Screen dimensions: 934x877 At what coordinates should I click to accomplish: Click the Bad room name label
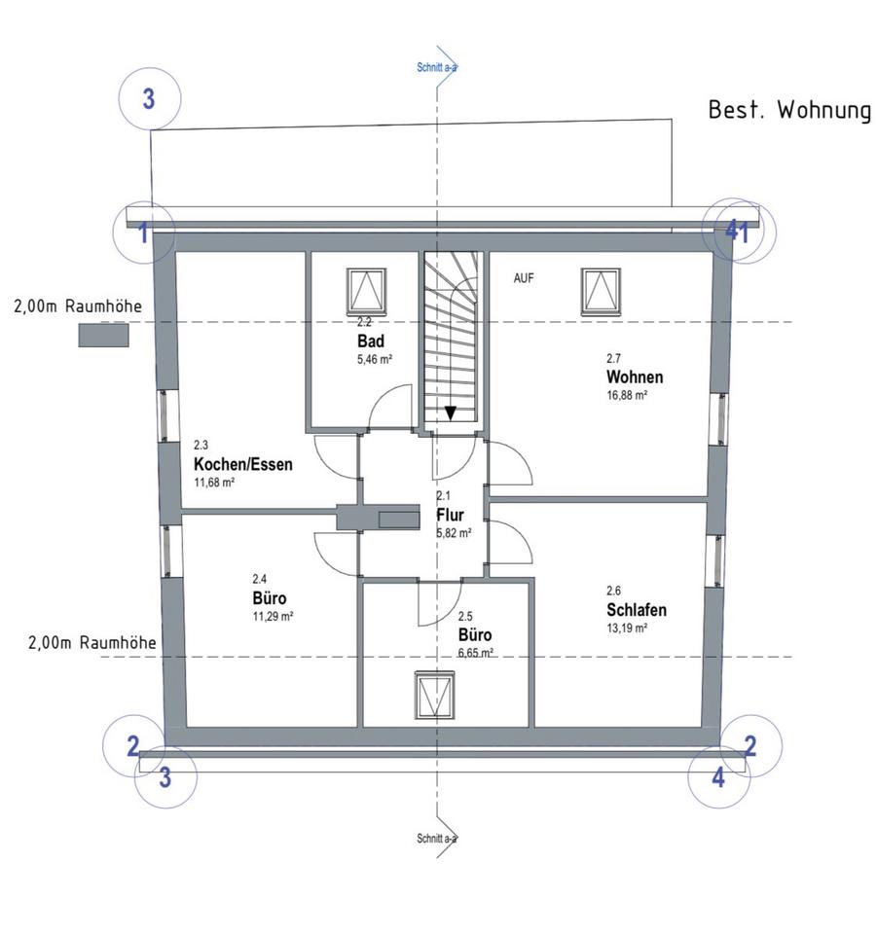click(370, 341)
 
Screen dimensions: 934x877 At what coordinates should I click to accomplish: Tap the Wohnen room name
click(635, 377)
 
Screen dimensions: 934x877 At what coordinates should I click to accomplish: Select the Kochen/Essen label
click(243, 464)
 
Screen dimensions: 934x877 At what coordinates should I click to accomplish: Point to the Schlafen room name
click(636, 610)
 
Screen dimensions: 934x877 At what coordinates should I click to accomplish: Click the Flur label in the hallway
click(450, 515)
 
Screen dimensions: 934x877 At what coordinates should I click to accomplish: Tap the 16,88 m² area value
click(627, 395)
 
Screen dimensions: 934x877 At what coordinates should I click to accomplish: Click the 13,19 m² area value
click(627, 628)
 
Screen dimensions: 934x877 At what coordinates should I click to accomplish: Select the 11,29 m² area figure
click(273, 616)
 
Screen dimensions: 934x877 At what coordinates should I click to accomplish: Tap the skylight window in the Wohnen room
click(602, 288)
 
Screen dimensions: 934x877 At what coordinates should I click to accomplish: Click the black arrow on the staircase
click(451, 413)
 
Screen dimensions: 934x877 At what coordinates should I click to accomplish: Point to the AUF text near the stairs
click(524, 278)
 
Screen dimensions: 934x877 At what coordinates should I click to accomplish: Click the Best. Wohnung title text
click(789, 110)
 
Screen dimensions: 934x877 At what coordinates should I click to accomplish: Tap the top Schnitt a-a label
click(437, 68)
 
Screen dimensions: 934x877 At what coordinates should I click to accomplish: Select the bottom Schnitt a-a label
click(437, 838)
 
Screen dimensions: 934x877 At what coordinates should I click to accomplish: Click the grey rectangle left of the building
click(104, 335)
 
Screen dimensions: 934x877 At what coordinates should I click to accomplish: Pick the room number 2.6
click(613, 591)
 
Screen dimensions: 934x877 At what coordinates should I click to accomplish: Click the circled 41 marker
click(738, 232)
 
